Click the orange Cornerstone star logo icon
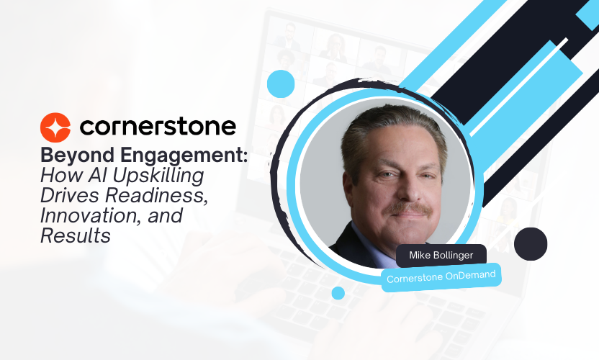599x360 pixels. coord(55,127)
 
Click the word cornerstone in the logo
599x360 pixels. coord(158,127)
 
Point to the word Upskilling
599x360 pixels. coord(158,176)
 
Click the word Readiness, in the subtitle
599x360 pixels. coord(156,195)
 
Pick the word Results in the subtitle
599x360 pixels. coord(76,235)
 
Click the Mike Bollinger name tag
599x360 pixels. coord(441,256)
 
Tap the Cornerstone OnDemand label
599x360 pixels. coord(441,277)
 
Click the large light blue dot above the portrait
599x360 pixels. coord(281,84)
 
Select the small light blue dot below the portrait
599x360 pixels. coord(338,293)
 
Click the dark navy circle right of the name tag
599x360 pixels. coord(531,244)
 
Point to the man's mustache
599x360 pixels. coord(409,209)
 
